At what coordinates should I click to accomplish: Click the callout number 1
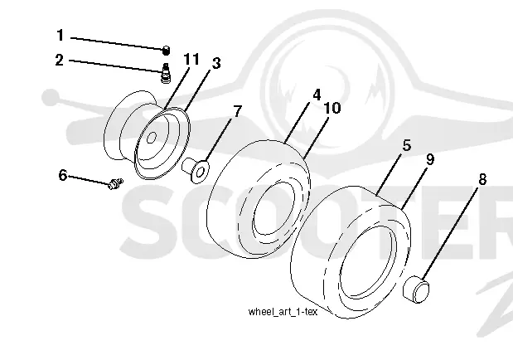tap(60, 35)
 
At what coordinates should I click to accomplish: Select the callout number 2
tap(59, 60)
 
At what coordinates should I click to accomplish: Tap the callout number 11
tap(191, 59)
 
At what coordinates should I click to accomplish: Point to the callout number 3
tap(216, 63)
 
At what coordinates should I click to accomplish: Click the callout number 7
tap(238, 111)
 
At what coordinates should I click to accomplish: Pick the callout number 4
tap(317, 95)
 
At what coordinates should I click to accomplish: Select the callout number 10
tap(332, 108)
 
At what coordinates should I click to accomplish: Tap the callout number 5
tap(407, 145)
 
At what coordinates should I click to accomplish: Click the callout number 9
tap(430, 159)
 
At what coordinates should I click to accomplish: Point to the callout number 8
tap(482, 179)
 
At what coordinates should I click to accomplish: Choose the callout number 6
tap(63, 175)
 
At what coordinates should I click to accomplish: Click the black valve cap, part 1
tap(167, 51)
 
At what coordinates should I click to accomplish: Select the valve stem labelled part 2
tap(167, 73)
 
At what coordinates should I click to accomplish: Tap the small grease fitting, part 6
tap(115, 184)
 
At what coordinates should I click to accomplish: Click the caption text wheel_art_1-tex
tap(283, 312)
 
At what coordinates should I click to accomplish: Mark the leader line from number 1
tap(117, 43)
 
